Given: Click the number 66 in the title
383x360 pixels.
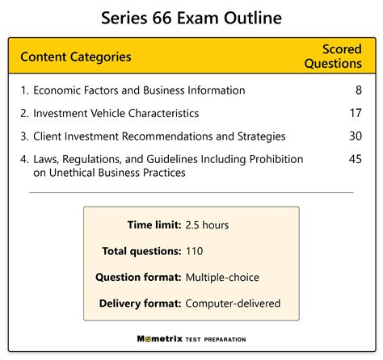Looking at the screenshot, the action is (162, 18).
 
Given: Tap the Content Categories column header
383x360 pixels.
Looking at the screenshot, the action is (76, 57).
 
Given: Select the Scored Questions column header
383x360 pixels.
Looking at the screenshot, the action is (333, 57).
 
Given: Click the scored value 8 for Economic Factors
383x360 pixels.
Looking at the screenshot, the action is (359, 90).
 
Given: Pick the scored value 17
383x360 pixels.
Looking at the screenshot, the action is (356, 113).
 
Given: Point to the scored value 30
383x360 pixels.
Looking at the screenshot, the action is (356, 136).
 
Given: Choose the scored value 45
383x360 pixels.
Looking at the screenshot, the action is (356, 159).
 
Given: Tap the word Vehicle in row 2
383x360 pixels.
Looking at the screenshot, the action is (108, 113).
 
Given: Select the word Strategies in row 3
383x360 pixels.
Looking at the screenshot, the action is (261, 136).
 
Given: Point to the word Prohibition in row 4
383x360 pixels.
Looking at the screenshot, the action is (276, 159).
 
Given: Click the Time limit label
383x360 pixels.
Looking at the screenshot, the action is (154, 225).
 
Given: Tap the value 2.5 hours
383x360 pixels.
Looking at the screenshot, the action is (207, 225).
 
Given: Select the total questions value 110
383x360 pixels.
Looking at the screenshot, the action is (194, 251).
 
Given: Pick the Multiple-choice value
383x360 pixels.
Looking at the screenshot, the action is (222, 278).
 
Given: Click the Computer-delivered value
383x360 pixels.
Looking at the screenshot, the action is (233, 303).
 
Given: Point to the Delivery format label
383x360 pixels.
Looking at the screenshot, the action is (140, 303).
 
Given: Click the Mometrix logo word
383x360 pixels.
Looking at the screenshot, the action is (160, 339).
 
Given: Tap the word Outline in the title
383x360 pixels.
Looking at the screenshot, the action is (253, 18).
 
